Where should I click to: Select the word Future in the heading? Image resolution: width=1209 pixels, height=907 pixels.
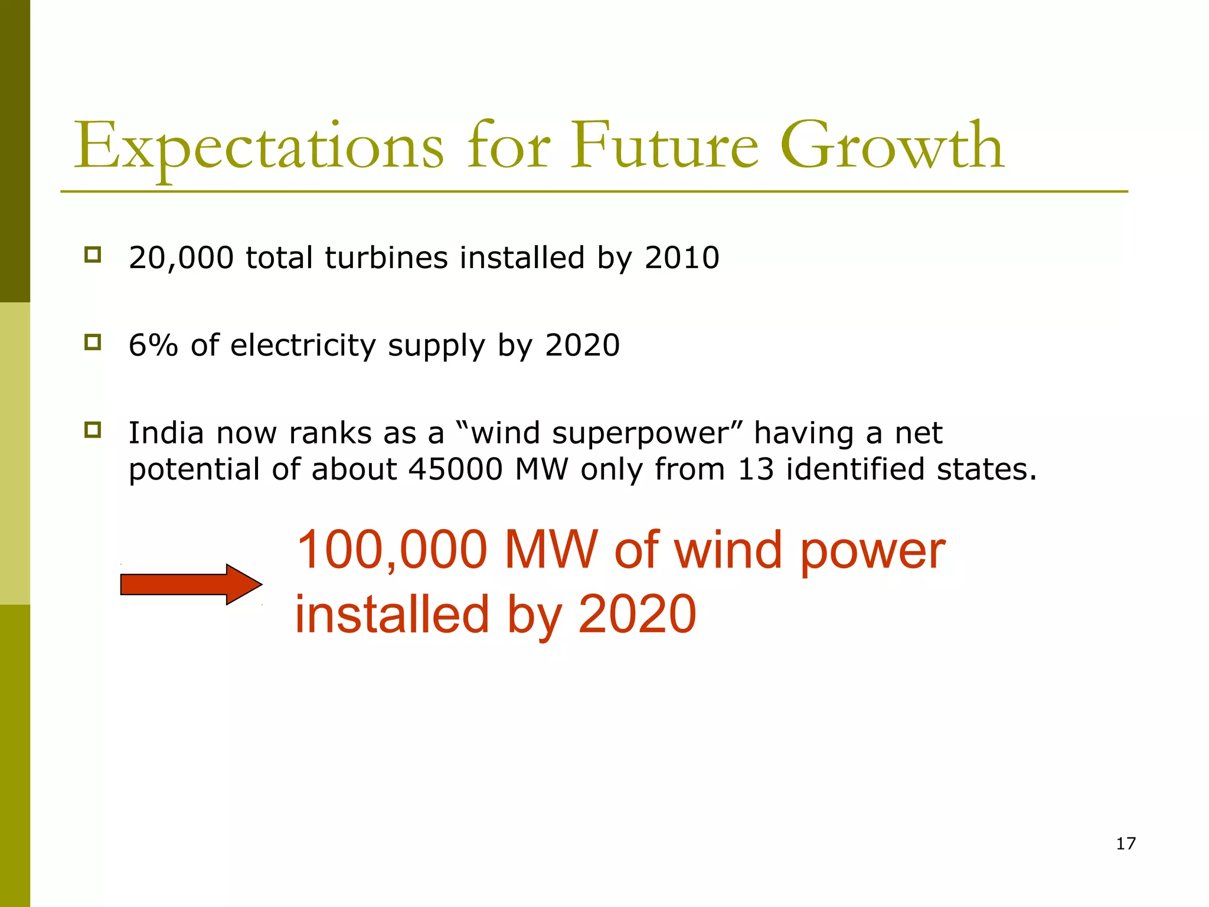coord(664,146)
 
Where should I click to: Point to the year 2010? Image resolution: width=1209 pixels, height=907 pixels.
coord(682,258)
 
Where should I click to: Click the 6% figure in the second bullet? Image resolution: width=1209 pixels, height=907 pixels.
coord(153,345)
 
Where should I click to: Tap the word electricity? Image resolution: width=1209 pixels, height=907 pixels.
coord(303,346)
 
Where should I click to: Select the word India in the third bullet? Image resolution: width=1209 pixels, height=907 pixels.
coord(166,433)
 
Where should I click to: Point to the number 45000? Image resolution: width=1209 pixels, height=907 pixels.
coord(455,470)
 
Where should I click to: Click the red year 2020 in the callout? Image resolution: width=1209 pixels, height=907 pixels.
coord(637,615)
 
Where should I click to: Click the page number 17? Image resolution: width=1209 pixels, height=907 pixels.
coord(1126,844)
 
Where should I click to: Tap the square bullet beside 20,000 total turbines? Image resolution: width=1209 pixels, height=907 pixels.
coord(93,255)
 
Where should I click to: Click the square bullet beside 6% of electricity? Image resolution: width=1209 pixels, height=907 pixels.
coord(93,342)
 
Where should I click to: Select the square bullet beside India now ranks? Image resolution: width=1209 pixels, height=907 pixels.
coord(93,430)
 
